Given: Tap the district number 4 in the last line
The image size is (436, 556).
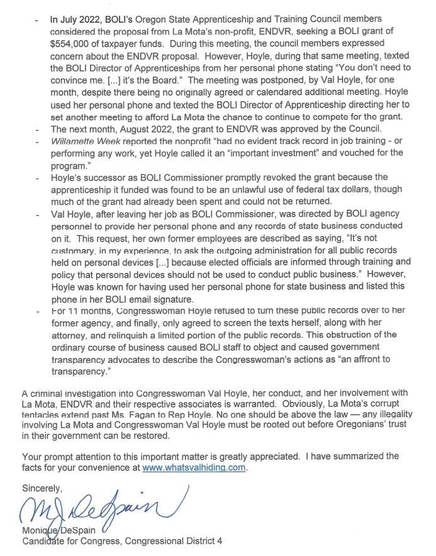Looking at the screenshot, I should pos(219,541).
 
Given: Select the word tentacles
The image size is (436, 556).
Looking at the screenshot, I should pos(42,414).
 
